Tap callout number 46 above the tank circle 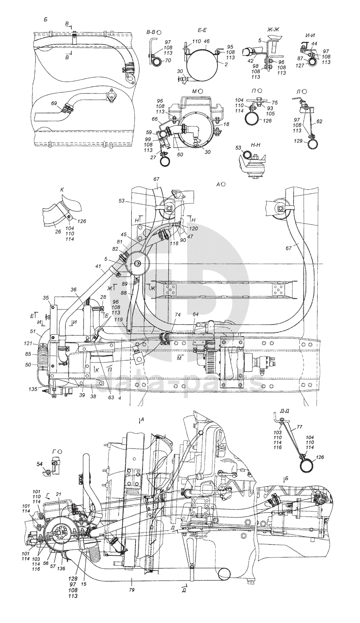[206, 41]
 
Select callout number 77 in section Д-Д [299, 428]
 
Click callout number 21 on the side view [59, 506]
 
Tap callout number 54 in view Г [39, 464]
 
